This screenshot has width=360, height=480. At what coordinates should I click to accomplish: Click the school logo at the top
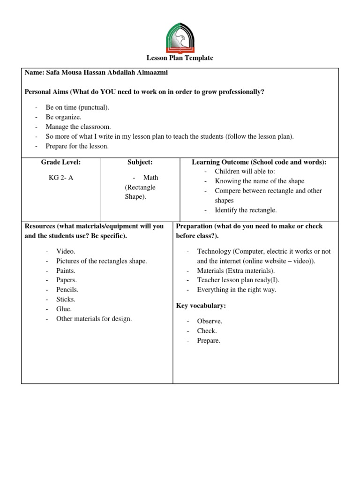[x=180, y=38]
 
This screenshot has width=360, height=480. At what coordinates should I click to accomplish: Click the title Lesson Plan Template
[x=180, y=58]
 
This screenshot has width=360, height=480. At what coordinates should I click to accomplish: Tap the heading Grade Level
[x=60, y=162]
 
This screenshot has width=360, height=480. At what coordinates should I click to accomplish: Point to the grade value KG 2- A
[x=61, y=178]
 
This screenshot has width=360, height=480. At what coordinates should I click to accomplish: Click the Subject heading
[x=140, y=162]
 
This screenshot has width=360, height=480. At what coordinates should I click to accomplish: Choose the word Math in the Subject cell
[x=150, y=178]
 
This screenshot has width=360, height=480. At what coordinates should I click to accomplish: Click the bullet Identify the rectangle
[x=246, y=210]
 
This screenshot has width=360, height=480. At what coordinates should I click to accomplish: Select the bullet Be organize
[x=63, y=117]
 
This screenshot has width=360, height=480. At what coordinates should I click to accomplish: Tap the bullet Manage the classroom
[x=78, y=127]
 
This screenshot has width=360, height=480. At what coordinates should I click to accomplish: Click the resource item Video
[x=66, y=251]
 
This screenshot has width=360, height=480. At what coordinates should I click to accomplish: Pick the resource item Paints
[x=66, y=270]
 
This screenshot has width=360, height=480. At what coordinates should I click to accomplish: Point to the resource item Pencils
[x=67, y=290]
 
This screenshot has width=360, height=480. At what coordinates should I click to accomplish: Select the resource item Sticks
[x=66, y=299]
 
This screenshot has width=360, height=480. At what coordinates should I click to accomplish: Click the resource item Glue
[x=64, y=309]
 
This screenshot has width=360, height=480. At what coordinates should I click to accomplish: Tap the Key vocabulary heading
[x=201, y=306]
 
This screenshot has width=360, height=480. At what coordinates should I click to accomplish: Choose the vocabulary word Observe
[x=210, y=321]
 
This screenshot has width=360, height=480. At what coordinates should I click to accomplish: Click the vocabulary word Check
[x=207, y=331]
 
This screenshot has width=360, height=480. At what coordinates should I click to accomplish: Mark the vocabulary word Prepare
[x=209, y=341]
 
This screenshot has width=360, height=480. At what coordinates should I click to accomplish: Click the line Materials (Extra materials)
[x=236, y=270]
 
